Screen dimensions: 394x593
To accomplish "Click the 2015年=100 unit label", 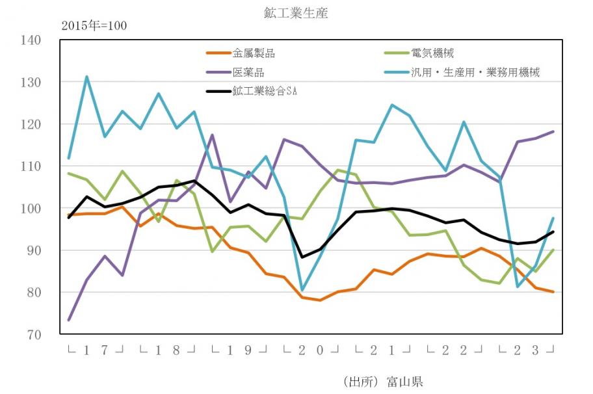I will click(x=94, y=26).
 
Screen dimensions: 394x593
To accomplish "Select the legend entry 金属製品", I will click(x=253, y=53).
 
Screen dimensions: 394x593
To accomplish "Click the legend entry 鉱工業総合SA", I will click(x=265, y=91).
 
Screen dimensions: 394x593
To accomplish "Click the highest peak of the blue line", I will click(x=86, y=77).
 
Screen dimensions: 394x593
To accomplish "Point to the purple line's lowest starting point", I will click(x=69, y=320).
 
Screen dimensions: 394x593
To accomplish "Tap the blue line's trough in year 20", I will click(x=302, y=290).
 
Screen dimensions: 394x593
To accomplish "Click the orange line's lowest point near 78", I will click(x=320, y=300).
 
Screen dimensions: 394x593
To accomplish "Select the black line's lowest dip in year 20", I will click(x=302, y=257).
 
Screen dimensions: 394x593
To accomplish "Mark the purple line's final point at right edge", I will click(x=553, y=132).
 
